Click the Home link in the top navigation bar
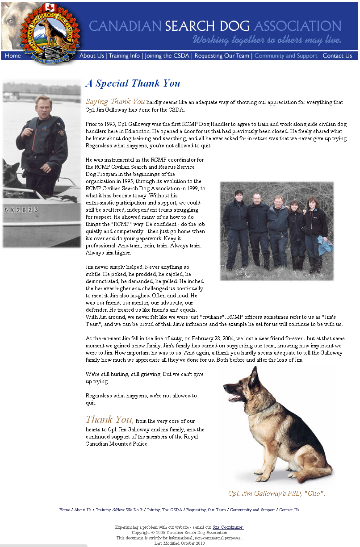tap(13, 56)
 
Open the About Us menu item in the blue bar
tap(92, 56)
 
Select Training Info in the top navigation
tap(124, 56)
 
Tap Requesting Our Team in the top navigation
tap(222, 56)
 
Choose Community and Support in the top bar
tap(286, 56)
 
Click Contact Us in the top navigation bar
tap(337, 56)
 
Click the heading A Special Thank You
tap(133, 84)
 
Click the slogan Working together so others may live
tap(267, 40)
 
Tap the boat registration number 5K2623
tap(21, 210)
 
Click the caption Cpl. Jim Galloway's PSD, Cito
tap(276, 493)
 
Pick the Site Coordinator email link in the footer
tap(228, 527)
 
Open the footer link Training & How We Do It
tap(119, 510)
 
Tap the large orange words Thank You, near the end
tap(109, 420)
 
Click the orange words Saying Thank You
tap(115, 102)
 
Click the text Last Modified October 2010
tap(180, 543)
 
